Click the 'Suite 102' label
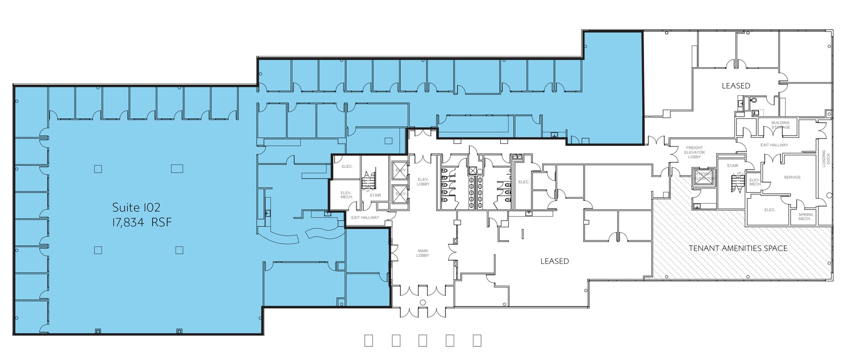click(x=136, y=207)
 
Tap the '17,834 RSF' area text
click(x=142, y=223)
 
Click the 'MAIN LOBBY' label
click(x=422, y=253)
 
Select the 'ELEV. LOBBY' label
click(x=423, y=181)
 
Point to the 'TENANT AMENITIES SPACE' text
click(x=738, y=248)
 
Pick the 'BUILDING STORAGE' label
click(x=780, y=125)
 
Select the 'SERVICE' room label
click(x=792, y=177)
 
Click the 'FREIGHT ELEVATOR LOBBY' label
click(x=694, y=152)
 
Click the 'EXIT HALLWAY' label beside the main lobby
click(x=365, y=218)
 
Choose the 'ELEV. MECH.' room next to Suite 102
click(x=346, y=195)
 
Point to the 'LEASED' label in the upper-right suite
click(x=736, y=86)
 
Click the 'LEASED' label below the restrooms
click(x=555, y=261)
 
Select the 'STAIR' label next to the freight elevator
click(x=732, y=166)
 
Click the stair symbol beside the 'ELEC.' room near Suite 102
click(x=368, y=181)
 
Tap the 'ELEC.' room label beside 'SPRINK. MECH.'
click(x=769, y=210)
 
